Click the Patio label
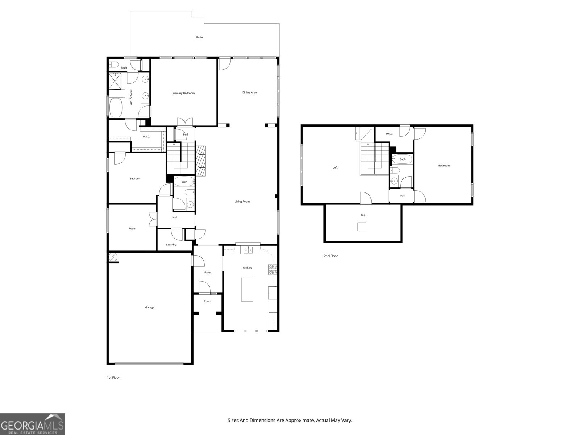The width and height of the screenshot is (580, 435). [199, 37]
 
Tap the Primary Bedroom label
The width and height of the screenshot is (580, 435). [183, 93]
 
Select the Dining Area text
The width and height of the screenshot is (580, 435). [249, 92]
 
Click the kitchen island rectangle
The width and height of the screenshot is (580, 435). [247, 289]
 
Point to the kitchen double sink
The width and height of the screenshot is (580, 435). [248, 250]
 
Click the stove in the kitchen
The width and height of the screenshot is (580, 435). [272, 269]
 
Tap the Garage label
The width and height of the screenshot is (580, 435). [150, 307]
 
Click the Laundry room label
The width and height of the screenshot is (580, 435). [171, 245]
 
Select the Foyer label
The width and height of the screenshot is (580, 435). [208, 273]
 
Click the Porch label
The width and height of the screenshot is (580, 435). [207, 301]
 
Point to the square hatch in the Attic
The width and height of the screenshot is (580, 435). [362, 227]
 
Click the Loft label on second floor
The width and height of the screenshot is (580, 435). [335, 167]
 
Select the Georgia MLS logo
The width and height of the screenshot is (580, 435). [33, 424]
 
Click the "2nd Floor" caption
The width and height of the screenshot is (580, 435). [331, 256]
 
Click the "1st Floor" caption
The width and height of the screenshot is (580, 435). [113, 378]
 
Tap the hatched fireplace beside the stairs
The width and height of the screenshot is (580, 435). [200, 161]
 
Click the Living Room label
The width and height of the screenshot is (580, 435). [242, 202]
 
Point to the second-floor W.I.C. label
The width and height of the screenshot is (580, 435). [389, 134]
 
